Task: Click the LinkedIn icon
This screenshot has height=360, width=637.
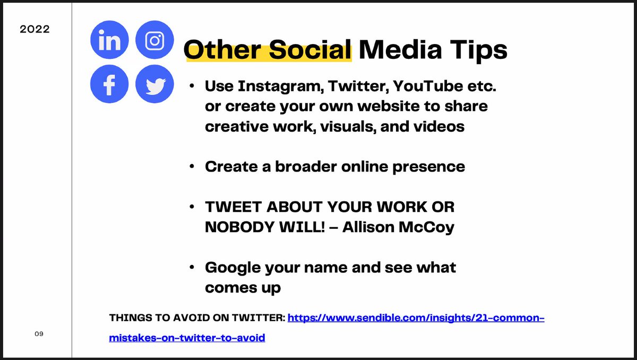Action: [109, 39]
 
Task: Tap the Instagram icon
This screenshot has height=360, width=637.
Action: [154, 39]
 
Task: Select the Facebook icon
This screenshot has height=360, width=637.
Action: [109, 84]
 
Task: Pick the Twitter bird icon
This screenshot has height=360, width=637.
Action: [154, 84]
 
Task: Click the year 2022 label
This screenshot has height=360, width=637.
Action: [35, 29]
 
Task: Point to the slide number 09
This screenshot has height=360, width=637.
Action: [39, 334]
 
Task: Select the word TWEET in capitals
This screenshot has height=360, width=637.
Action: [231, 207]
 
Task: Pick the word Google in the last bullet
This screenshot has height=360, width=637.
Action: [233, 267]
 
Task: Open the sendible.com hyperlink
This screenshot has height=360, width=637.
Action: [416, 319]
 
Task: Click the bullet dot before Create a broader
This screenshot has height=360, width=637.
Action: [192, 167]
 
